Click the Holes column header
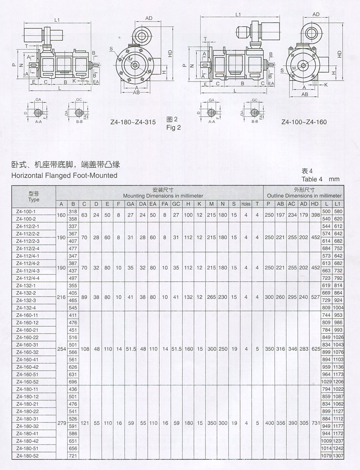pos(246,204)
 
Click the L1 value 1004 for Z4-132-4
pos(338,308)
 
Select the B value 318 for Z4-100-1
pos(73,211)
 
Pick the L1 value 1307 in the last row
pos(338,456)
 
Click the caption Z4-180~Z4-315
pos(133,122)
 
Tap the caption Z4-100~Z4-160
pos(304,122)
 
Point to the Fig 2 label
pos(173,127)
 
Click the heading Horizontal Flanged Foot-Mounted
pos(64,175)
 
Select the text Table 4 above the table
pos(312,179)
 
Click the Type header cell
pos(34,197)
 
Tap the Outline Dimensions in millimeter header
pos(304,196)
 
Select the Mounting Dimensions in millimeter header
pos(163,196)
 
